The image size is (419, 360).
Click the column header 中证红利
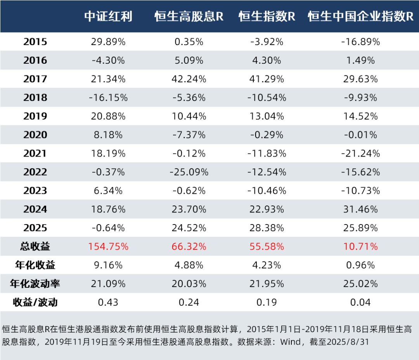pyautogui.click(x=109, y=16)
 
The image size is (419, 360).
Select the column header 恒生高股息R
pyautogui.click(x=189, y=16)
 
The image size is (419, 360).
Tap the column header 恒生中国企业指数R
pyautogui.click(x=361, y=16)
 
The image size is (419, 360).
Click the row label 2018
pyautogui.click(x=35, y=97)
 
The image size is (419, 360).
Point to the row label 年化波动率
pyautogui.click(x=35, y=284)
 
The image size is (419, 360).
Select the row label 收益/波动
pyautogui.click(x=35, y=303)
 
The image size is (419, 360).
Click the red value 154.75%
pyautogui.click(x=108, y=247)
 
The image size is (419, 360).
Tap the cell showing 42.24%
pyautogui.click(x=189, y=79)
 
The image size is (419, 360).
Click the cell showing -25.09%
pyautogui.click(x=189, y=172)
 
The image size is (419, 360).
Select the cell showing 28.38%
pyautogui.click(x=267, y=228)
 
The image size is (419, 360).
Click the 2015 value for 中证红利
pyautogui.click(x=108, y=42)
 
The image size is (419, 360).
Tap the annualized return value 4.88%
pyautogui.click(x=189, y=265)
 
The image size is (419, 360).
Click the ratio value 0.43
pyautogui.click(x=108, y=303)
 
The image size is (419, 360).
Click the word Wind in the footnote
pyautogui.click(x=291, y=342)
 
